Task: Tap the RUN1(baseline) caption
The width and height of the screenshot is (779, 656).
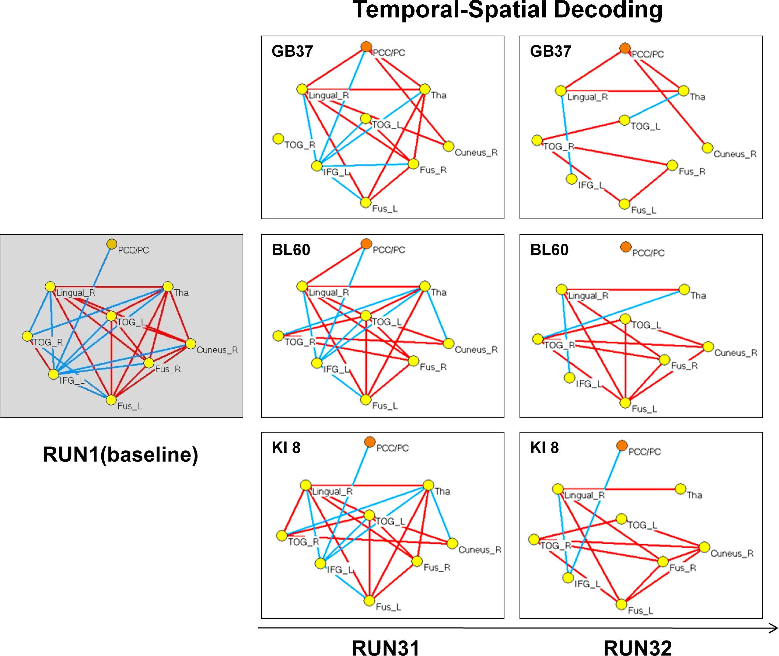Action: tap(121, 454)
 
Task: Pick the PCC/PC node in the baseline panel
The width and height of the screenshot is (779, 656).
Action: tap(112, 244)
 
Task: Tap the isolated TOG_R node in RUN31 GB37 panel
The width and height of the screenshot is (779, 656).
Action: tap(278, 139)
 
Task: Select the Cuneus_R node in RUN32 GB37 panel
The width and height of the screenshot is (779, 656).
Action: tap(707, 148)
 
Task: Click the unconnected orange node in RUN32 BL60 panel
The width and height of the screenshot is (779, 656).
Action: tap(625, 247)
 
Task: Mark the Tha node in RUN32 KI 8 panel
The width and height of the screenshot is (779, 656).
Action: tap(681, 489)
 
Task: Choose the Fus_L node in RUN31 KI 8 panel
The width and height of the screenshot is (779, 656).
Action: tap(369, 600)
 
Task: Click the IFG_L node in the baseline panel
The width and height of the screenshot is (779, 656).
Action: tap(53, 374)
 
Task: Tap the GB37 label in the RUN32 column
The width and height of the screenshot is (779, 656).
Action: tap(550, 51)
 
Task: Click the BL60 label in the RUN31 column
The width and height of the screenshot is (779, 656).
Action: tap(291, 250)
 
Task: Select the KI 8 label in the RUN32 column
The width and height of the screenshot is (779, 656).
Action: tap(544, 448)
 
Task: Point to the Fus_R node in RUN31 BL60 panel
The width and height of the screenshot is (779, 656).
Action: tap(414, 361)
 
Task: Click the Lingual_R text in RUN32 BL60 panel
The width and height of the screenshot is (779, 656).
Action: tap(588, 296)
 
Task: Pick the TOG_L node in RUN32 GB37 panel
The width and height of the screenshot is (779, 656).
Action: tap(624, 120)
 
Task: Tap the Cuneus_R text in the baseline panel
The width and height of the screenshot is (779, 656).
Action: tap(217, 350)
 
